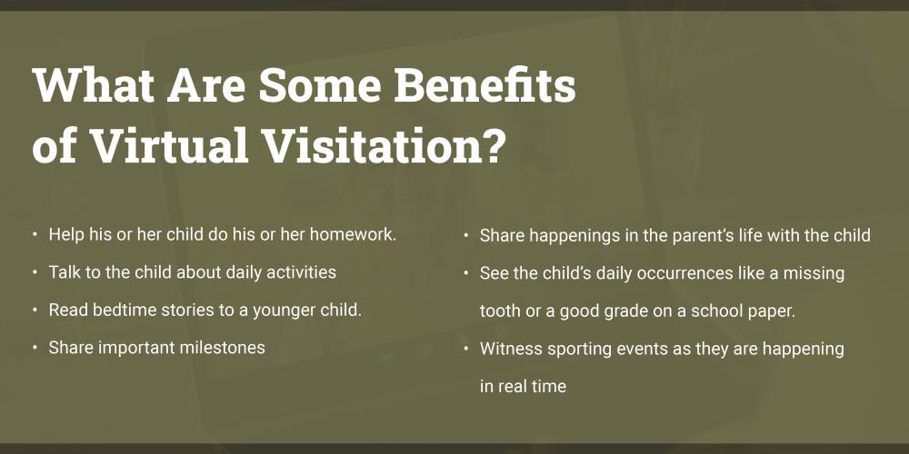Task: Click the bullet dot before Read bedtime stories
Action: (x=35, y=311)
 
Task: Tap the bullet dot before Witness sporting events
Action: (x=466, y=349)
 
